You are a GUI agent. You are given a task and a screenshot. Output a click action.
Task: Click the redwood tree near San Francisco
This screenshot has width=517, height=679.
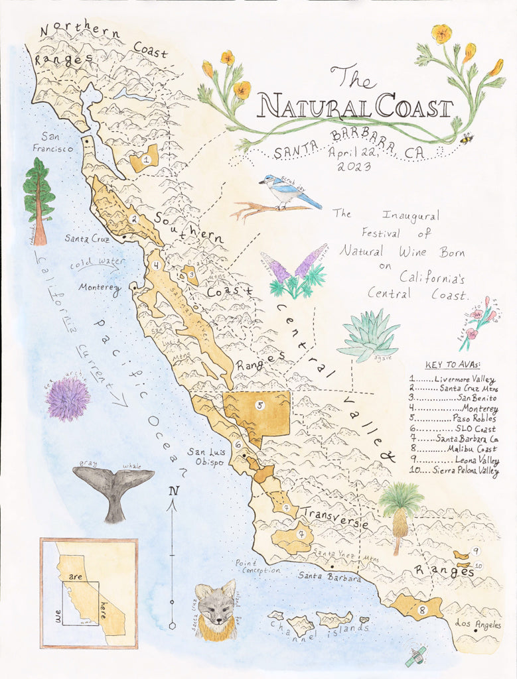point(38,199)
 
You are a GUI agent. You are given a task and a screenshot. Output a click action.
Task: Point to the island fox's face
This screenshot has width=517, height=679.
point(216,607)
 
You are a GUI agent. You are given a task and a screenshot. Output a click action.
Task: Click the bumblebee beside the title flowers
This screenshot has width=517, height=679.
point(467,139)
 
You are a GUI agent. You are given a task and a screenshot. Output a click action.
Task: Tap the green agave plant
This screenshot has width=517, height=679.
point(369,337)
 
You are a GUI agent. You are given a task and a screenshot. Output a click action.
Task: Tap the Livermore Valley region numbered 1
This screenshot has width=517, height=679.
point(145,159)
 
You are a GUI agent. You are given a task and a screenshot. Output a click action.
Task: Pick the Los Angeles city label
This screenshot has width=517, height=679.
point(478,625)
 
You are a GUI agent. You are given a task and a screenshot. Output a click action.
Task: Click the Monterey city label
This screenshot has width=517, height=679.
point(100,288)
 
